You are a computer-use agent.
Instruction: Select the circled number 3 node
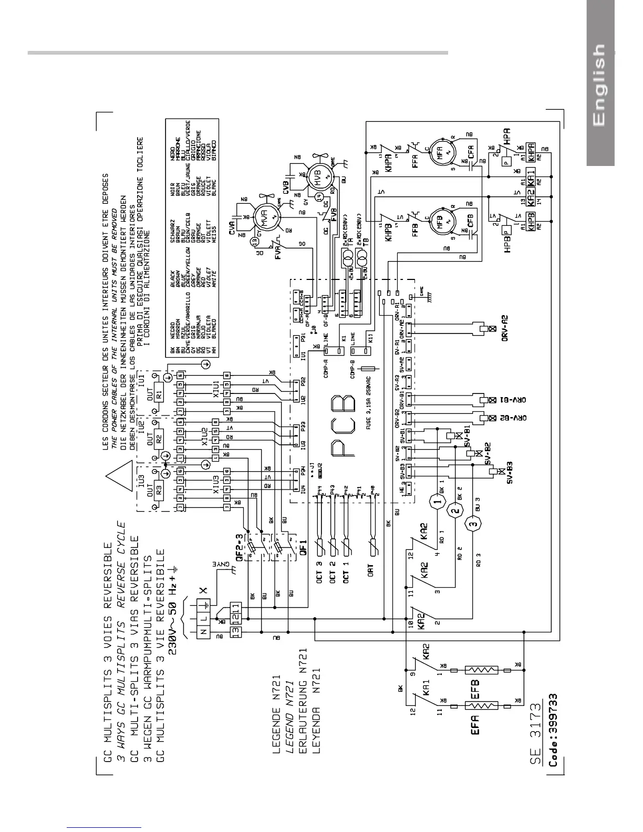pyautogui.click(x=473, y=524)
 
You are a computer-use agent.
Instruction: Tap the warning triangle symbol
pyautogui.click(x=120, y=474)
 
